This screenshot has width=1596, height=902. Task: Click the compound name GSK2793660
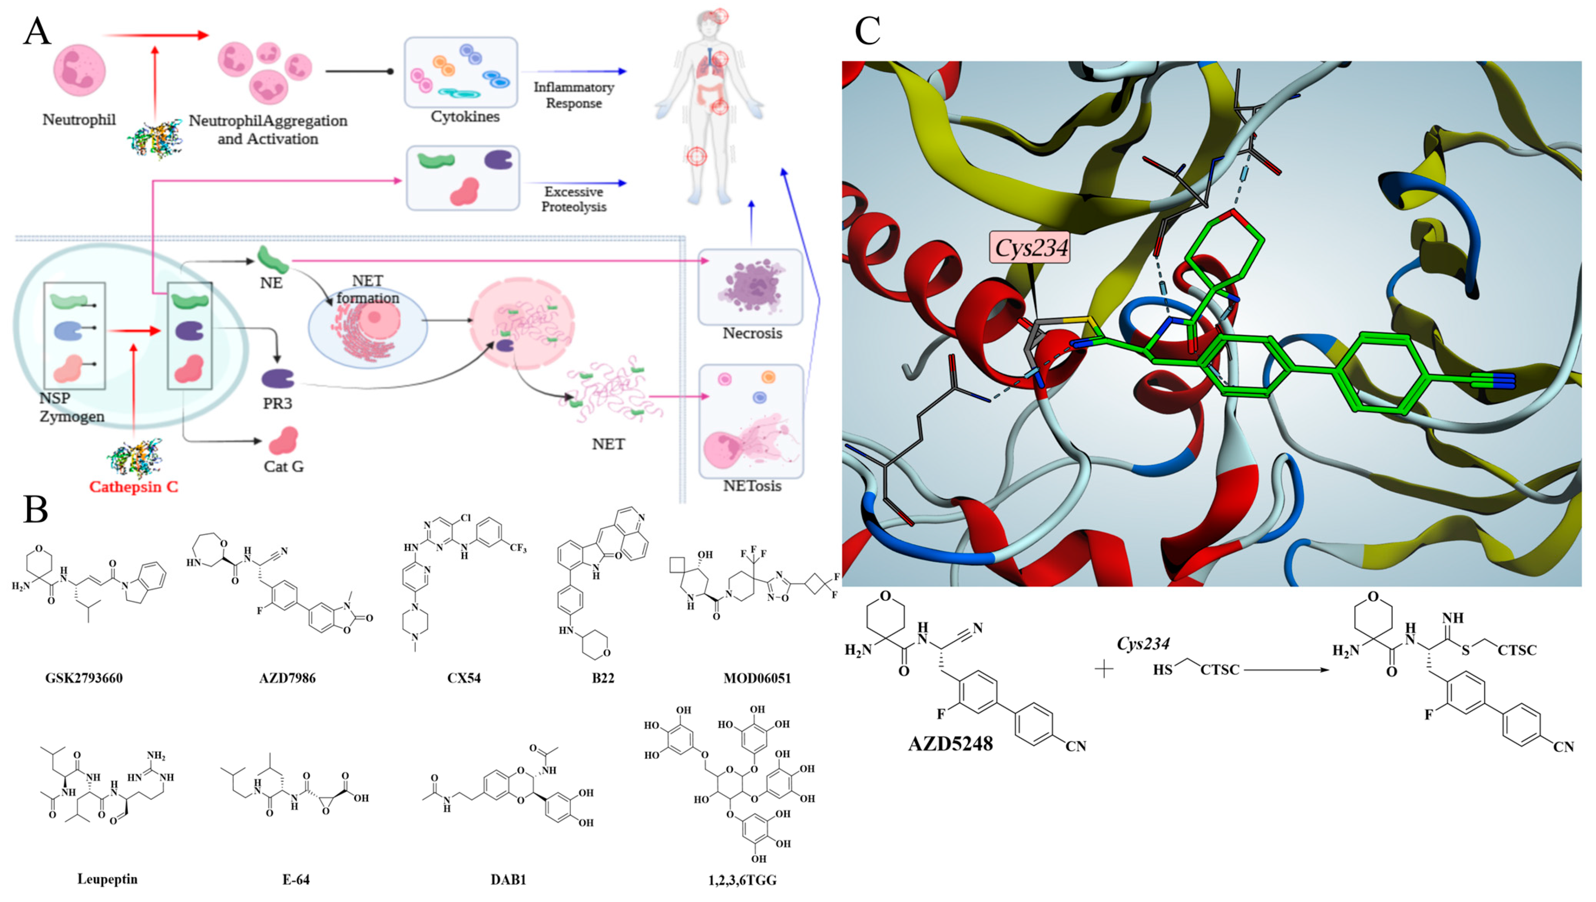tap(84, 678)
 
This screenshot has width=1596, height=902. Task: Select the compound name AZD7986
tap(287, 678)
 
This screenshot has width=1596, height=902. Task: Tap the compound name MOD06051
tap(757, 678)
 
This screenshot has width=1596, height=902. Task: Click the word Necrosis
tap(752, 333)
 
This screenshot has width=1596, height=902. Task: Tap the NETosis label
tap(752, 486)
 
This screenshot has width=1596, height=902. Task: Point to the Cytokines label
tap(465, 116)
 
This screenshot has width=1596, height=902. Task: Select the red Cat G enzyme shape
tap(284, 441)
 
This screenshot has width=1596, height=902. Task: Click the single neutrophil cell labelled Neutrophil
tap(79, 71)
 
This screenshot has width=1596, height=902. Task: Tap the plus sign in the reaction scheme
tap(1104, 669)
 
